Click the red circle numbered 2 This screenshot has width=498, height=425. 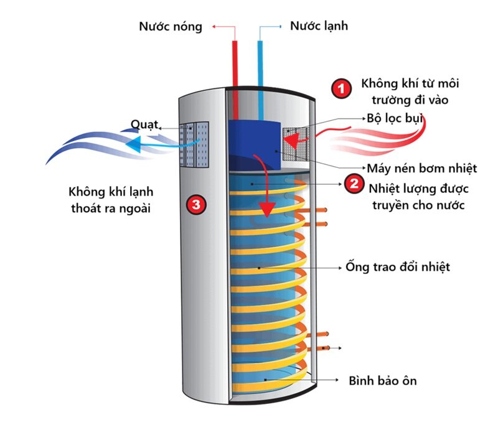tap(353, 184)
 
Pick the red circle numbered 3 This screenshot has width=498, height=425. tap(196, 203)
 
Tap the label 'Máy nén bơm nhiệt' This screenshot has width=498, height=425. tap(421, 168)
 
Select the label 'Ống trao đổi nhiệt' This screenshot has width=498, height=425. tap(397, 268)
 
